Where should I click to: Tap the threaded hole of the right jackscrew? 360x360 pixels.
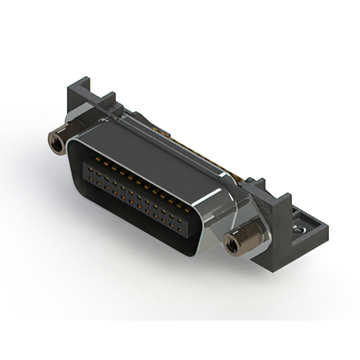click(230, 243)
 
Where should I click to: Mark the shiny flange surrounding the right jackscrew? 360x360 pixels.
click(247, 233)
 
